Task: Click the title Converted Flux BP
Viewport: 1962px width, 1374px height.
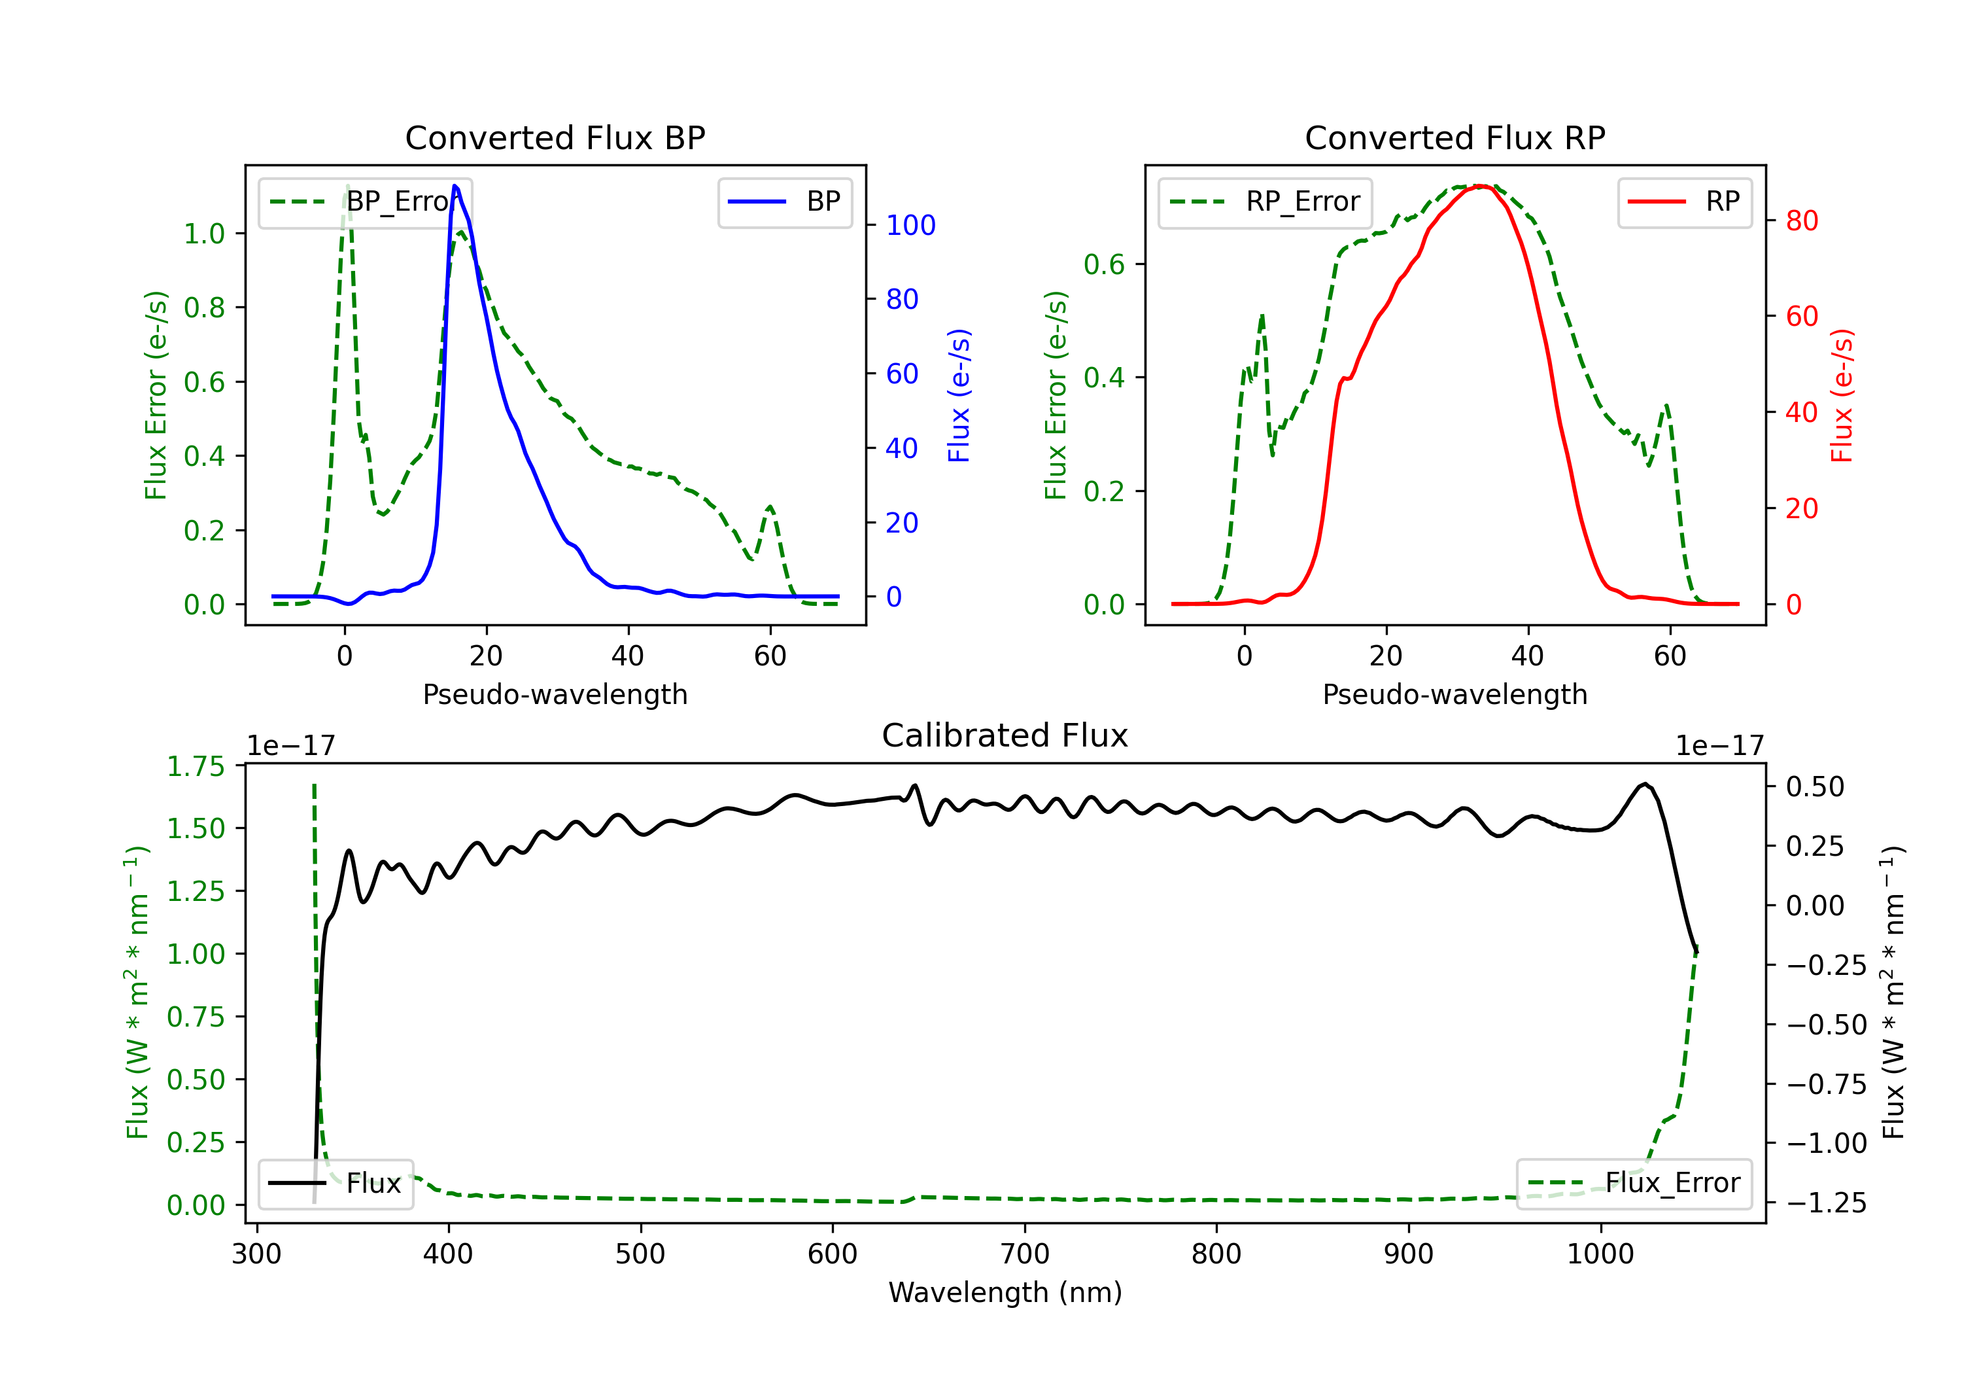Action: point(555,137)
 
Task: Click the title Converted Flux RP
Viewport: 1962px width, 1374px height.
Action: point(1454,137)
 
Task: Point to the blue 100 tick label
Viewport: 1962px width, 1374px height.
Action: point(910,226)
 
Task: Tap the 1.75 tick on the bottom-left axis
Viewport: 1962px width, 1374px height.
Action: point(196,766)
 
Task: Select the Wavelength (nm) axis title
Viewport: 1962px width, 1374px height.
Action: point(1005,1292)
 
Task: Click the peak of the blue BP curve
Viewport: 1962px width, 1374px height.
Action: point(455,186)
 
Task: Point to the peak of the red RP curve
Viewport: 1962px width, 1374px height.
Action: point(1483,186)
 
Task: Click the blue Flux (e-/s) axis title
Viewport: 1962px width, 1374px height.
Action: point(959,395)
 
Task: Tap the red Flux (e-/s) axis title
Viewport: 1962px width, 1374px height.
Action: point(1842,395)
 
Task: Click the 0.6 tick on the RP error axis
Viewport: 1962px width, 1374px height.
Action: point(1104,265)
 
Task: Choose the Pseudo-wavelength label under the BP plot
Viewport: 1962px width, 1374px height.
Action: point(555,694)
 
